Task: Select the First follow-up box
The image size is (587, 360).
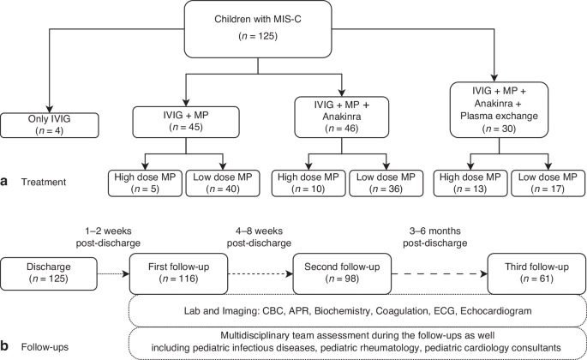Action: (x=172, y=273)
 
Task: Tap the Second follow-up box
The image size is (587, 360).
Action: (x=336, y=273)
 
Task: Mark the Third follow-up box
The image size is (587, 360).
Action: (x=531, y=273)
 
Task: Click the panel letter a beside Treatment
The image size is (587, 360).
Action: (x=6, y=182)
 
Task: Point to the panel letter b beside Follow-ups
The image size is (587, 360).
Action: (x=6, y=347)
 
